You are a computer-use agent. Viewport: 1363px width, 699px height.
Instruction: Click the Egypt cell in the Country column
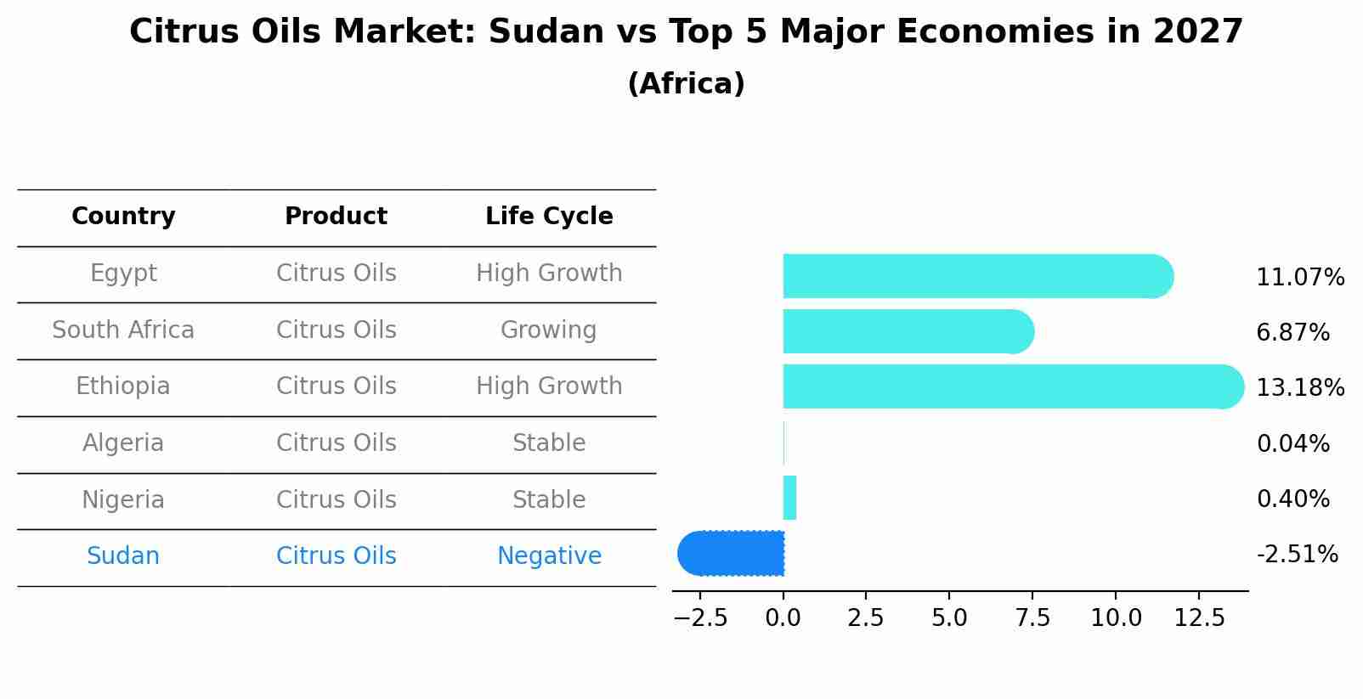(x=123, y=273)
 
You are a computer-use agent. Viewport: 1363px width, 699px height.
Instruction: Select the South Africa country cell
(x=123, y=330)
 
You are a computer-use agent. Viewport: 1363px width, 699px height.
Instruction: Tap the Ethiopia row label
(x=123, y=386)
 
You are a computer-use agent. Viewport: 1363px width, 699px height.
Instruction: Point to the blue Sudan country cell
(x=123, y=556)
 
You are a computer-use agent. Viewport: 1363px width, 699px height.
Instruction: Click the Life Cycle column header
(x=549, y=217)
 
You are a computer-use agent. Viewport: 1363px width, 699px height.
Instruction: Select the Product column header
(x=336, y=217)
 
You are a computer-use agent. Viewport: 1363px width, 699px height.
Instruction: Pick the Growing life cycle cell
(x=549, y=330)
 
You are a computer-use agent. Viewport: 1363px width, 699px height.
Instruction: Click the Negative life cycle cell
(x=549, y=556)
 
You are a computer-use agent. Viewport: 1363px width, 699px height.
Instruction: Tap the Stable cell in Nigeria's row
(x=549, y=500)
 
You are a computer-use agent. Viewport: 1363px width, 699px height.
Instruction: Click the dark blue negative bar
(x=731, y=553)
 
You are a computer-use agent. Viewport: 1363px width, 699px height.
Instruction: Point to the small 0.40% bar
(x=789, y=498)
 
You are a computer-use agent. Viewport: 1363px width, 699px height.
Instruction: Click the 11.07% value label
(x=1300, y=278)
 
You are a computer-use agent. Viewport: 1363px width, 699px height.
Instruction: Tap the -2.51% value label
(x=1297, y=555)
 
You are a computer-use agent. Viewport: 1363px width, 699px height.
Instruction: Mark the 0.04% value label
(x=1292, y=443)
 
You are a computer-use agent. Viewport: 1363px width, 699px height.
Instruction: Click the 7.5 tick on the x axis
(x=1032, y=618)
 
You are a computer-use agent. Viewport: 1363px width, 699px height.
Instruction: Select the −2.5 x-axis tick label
(x=700, y=618)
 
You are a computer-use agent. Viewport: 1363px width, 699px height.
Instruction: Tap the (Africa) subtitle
(x=686, y=84)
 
